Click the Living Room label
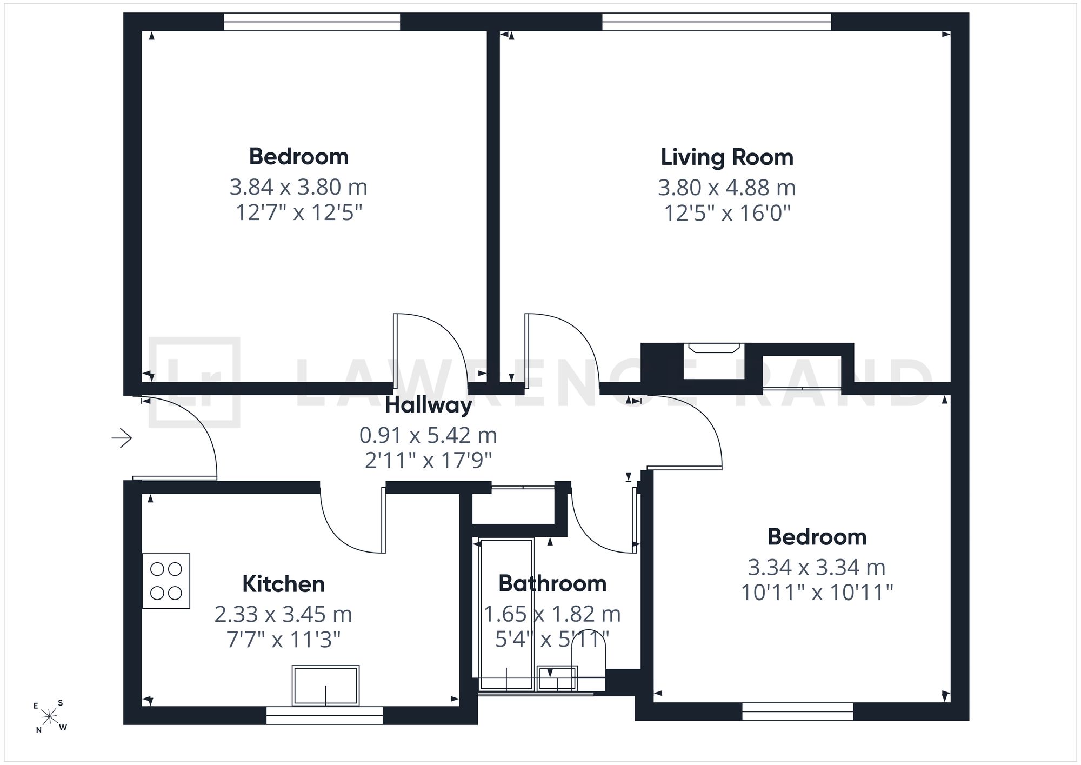[x=727, y=157]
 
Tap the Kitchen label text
[x=284, y=584]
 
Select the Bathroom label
[x=552, y=583]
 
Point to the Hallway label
[x=429, y=405]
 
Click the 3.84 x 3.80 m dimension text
[x=298, y=187]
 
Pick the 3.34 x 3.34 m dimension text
[x=817, y=567]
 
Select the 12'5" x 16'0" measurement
[x=727, y=213]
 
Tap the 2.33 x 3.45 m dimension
[x=283, y=614]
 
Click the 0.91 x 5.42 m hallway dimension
[x=428, y=435]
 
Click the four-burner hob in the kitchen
[x=166, y=581]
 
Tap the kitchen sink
[x=325, y=686]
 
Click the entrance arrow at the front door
[x=122, y=437]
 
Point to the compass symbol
[x=50, y=717]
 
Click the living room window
[x=717, y=22]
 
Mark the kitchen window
[x=325, y=715]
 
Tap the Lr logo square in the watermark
[x=194, y=382]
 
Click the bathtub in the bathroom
[x=506, y=614]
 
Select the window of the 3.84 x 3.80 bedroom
[x=312, y=22]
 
